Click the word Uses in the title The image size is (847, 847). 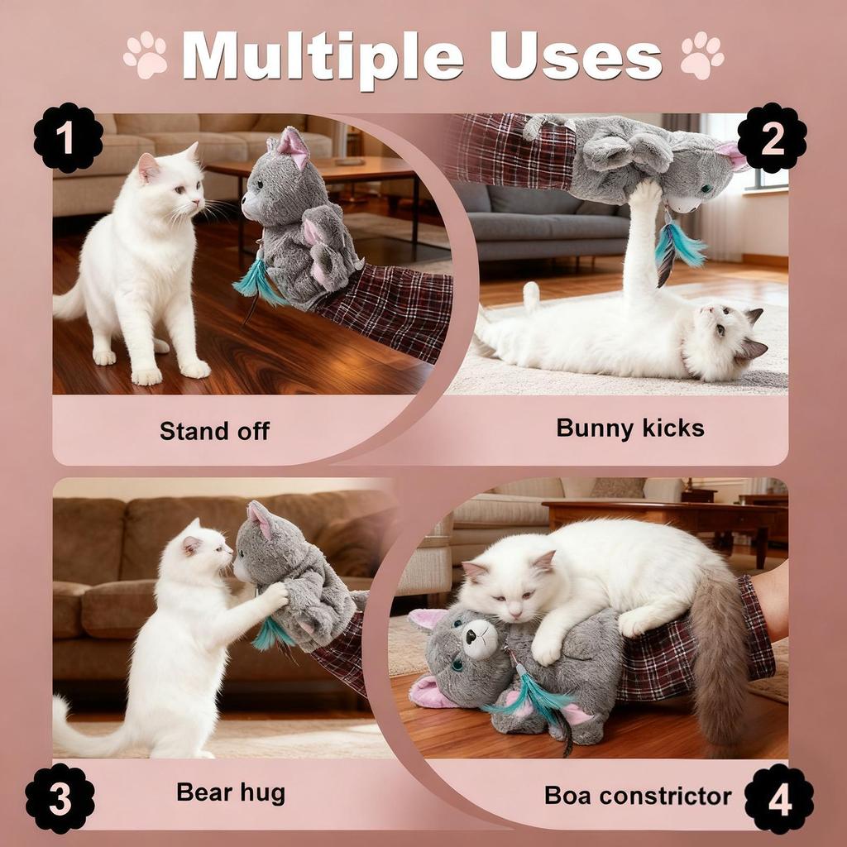click(x=576, y=57)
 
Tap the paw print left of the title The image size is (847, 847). click(x=146, y=55)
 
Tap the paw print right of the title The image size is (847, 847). click(x=701, y=55)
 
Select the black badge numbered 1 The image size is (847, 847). click(x=69, y=138)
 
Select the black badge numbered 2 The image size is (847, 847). click(x=772, y=138)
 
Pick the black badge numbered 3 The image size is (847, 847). click(x=60, y=798)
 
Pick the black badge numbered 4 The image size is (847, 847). click(x=779, y=798)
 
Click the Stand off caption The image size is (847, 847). click(x=214, y=431)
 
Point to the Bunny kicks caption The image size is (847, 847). click(x=630, y=428)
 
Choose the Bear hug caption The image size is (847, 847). click(x=231, y=792)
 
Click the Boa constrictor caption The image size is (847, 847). click(x=638, y=796)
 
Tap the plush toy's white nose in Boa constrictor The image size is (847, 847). click(x=481, y=639)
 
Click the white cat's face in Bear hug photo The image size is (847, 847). click(x=208, y=553)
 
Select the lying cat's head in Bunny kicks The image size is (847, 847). click(x=726, y=340)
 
